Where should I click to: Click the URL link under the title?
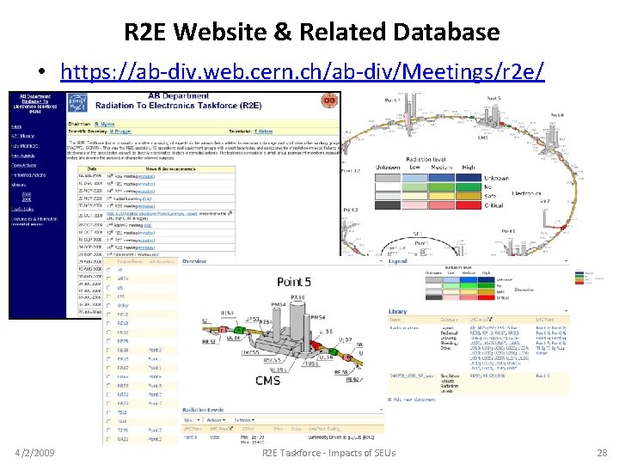coord(303,71)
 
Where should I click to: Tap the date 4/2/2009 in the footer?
coord(37,452)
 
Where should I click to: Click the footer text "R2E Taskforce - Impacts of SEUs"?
coord(328,452)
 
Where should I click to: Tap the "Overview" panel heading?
coord(194,261)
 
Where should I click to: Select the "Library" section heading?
coord(398,311)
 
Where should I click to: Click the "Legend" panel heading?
coord(397,261)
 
